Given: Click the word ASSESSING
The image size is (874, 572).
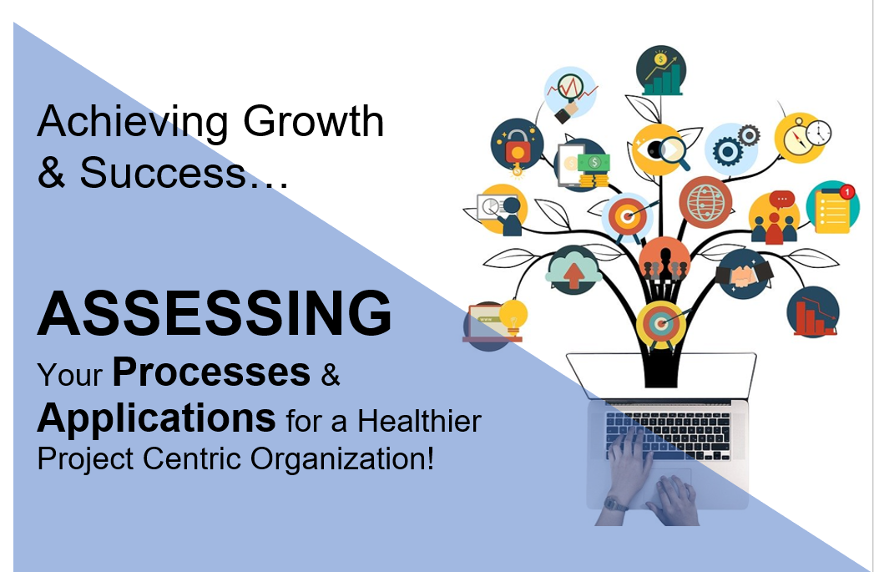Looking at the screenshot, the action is click(x=215, y=313).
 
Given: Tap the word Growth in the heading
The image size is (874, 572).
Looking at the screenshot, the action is click(x=313, y=122).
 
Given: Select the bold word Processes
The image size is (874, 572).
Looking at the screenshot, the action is click(x=211, y=372).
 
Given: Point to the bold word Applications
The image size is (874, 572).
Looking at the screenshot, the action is click(x=156, y=418).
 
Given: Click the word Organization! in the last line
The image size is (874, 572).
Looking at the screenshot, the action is click(x=341, y=459).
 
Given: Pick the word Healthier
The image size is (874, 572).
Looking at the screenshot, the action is click(x=419, y=420).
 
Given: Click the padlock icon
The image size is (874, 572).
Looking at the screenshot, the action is click(x=518, y=145).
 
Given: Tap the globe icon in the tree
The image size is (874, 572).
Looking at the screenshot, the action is click(x=705, y=202).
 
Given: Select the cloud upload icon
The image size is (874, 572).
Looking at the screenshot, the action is click(x=573, y=270).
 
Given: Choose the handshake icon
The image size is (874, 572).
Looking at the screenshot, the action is click(x=744, y=274).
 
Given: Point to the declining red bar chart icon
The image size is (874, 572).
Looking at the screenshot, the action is click(x=813, y=311).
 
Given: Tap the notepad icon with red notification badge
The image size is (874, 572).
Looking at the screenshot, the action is click(x=833, y=207).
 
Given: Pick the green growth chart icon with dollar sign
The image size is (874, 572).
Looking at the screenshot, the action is click(x=661, y=71).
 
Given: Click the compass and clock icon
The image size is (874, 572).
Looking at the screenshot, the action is click(x=802, y=137).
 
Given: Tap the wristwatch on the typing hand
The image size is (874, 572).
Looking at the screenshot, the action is click(x=615, y=505).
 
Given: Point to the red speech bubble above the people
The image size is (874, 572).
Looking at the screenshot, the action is click(x=782, y=200).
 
